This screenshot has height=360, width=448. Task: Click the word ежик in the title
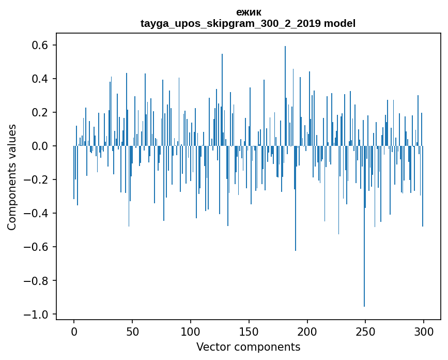click(x=248, y=12)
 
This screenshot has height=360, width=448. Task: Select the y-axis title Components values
click(x=12, y=177)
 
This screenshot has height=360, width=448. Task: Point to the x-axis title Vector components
click(x=248, y=347)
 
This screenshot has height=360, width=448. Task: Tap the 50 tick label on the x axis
click(x=132, y=331)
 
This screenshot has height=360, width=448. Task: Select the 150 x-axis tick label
click(x=249, y=331)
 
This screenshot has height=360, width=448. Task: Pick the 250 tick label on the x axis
click(x=365, y=331)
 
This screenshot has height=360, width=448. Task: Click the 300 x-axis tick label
click(x=424, y=331)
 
